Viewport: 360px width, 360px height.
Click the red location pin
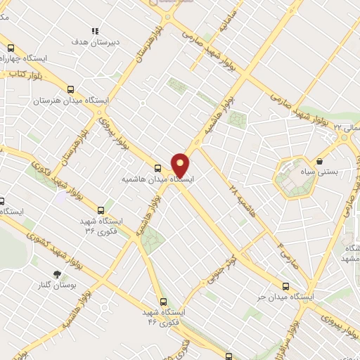point(181,165)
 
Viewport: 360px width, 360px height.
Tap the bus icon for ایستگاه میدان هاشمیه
point(157,168)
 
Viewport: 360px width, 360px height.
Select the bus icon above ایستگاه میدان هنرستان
point(70,89)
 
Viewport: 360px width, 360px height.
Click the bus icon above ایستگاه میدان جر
point(285,286)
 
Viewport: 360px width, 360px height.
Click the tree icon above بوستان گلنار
point(57,275)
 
